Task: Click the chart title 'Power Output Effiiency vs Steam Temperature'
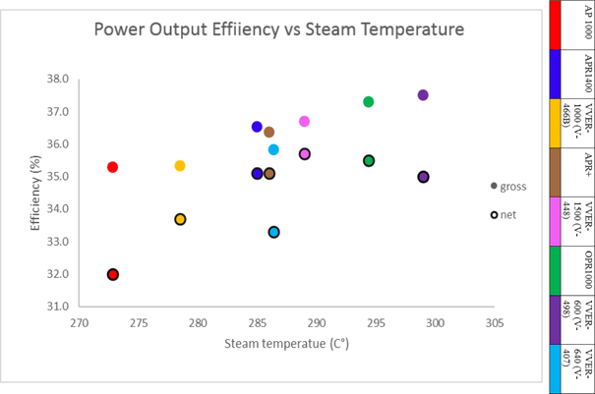click(278, 29)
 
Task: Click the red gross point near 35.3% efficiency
click(113, 167)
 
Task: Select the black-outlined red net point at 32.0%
click(113, 274)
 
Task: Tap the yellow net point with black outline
click(181, 219)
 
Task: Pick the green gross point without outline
click(369, 102)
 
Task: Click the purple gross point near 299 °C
click(423, 95)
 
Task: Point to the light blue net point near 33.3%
click(274, 232)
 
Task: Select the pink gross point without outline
click(305, 122)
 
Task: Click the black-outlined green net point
click(369, 160)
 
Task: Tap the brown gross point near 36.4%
click(269, 132)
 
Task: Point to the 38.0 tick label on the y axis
click(58, 79)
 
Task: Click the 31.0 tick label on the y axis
click(58, 307)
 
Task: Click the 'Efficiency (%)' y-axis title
click(34, 192)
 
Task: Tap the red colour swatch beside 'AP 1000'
click(557, 25)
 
